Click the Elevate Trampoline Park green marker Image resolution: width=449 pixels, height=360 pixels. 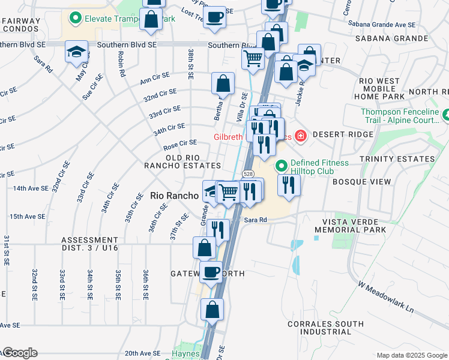point(76,19)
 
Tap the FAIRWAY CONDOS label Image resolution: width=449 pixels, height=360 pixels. point(20,25)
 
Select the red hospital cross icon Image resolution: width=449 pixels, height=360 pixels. point(300,137)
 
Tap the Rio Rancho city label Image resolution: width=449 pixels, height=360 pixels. point(174,196)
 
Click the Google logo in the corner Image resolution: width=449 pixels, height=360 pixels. point(19,353)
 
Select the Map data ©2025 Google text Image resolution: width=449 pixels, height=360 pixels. point(411,355)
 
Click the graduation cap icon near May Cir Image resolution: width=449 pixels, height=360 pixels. point(77,52)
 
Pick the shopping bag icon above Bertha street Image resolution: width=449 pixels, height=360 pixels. point(223,82)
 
